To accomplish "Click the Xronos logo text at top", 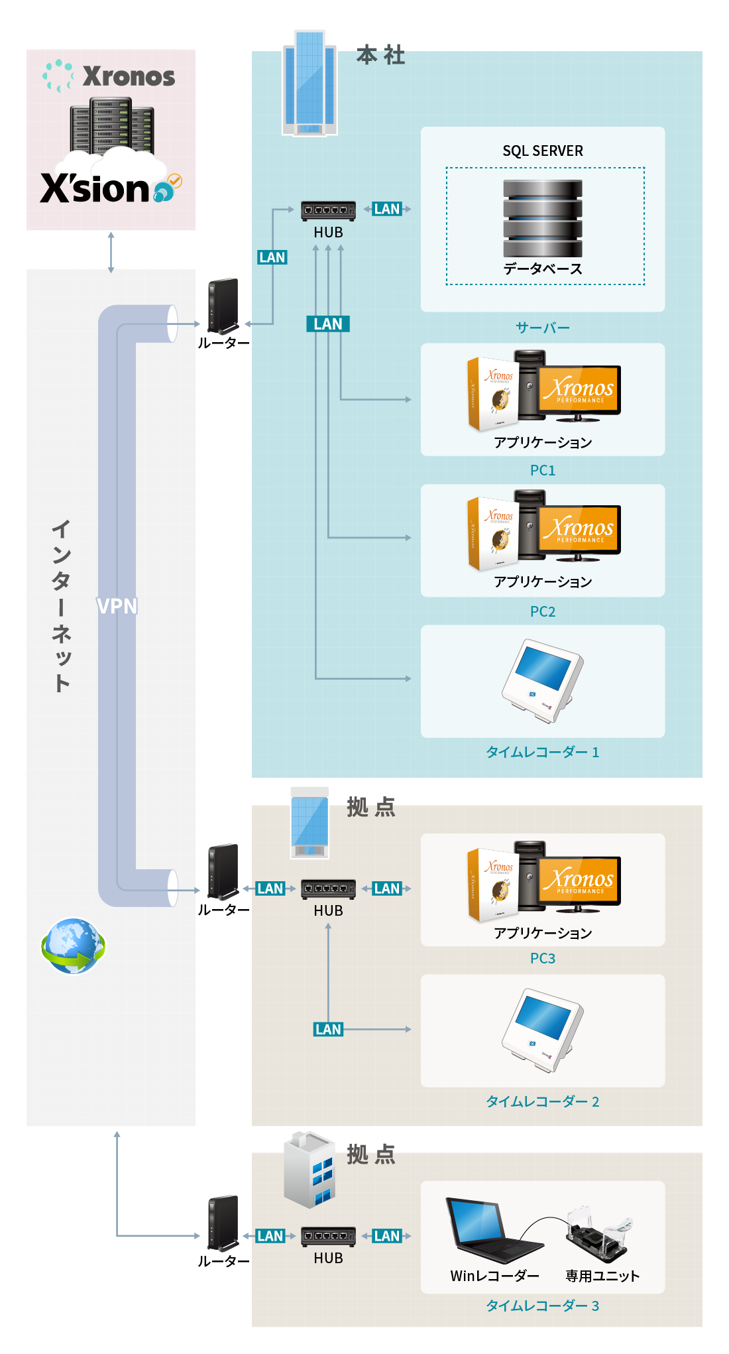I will click(x=129, y=77).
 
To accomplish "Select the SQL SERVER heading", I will click(x=543, y=151).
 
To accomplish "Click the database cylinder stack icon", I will click(x=543, y=218).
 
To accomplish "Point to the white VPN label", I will click(x=117, y=606).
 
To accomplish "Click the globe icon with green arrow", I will click(x=73, y=946).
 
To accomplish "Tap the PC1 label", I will click(x=543, y=470).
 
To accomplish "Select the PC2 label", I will click(x=543, y=611).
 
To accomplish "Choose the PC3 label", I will click(x=543, y=958).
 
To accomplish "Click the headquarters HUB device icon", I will click(x=328, y=211).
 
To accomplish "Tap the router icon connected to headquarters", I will click(x=223, y=306).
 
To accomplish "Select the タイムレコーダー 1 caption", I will click(x=543, y=752).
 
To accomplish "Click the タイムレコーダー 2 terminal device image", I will click(x=543, y=1029).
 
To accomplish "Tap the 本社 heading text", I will click(x=380, y=55).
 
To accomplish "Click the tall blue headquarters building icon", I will click(x=309, y=83).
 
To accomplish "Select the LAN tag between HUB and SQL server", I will click(x=387, y=209).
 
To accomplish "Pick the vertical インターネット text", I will click(x=61, y=606).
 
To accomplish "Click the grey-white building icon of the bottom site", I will click(x=309, y=1170).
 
